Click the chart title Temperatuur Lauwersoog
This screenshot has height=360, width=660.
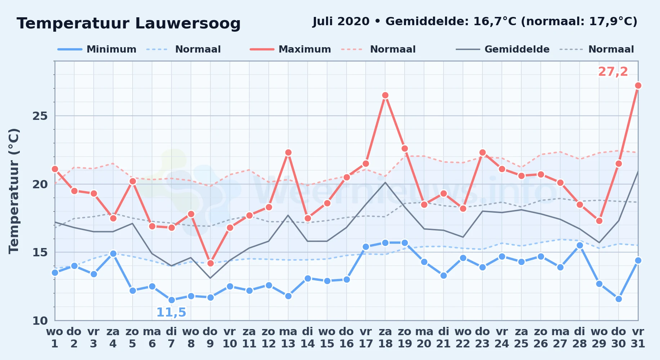tap(129, 23)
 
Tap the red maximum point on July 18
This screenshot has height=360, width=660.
tap(385, 95)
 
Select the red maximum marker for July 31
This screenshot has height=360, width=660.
tap(638, 86)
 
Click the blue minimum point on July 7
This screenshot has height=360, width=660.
tap(171, 300)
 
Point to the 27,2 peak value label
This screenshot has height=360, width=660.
tap(613, 72)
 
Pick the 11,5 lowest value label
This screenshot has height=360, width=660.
tap(171, 312)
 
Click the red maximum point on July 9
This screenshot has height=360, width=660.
tap(210, 263)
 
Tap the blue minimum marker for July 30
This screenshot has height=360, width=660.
tap(619, 299)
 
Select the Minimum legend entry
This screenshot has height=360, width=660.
tap(97, 49)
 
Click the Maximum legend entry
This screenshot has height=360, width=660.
tap(290, 49)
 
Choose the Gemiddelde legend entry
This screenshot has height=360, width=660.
tap(503, 49)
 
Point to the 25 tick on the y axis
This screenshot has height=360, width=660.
tap(40, 116)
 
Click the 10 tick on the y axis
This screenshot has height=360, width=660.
tap(40, 320)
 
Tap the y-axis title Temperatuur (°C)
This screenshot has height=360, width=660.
tap(14, 191)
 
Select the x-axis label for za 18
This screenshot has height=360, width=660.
tap(385, 338)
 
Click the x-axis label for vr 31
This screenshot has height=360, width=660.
tap(638, 338)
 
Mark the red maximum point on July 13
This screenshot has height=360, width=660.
tap(288, 153)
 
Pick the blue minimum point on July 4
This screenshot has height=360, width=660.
tap(113, 253)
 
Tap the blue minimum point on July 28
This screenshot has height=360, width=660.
tap(580, 246)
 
